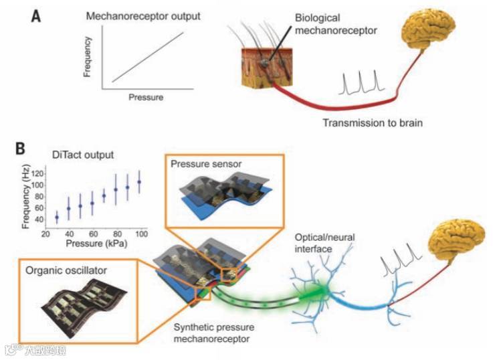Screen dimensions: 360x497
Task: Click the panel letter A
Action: point(39,15)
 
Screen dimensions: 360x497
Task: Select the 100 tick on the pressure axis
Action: point(141,235)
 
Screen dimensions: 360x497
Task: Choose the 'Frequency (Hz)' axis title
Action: point(25,197)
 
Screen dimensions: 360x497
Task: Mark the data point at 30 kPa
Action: point(57,217)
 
